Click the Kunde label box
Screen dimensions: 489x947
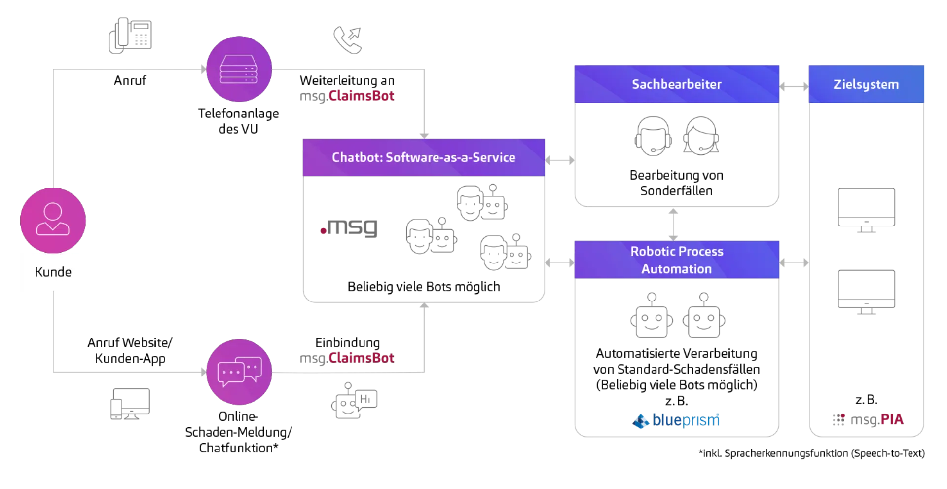click(53, 272)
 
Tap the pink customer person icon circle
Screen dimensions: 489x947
click(53, 220)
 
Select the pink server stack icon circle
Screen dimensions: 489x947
click(239, 69)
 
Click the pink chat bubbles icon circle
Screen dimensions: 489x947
click(239, 372)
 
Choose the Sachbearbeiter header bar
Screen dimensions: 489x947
click(676, 84)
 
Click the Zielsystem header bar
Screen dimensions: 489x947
click(866, 84)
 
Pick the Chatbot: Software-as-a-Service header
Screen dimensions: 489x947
click(424, 157)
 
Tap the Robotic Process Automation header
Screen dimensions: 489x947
click(676, 260)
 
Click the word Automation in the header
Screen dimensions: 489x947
click(676, 269)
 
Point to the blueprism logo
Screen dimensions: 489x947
click(677, 420)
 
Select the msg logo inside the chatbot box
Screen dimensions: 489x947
click(349, 228)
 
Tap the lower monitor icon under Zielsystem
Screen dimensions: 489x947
click(866, 292)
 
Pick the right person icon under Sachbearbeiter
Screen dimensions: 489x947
click(702, 136)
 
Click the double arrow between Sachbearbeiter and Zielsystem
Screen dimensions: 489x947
click(793, 87)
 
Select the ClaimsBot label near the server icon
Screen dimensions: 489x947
click(348, 96)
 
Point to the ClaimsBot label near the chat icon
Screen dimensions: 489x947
click(348, 357)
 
